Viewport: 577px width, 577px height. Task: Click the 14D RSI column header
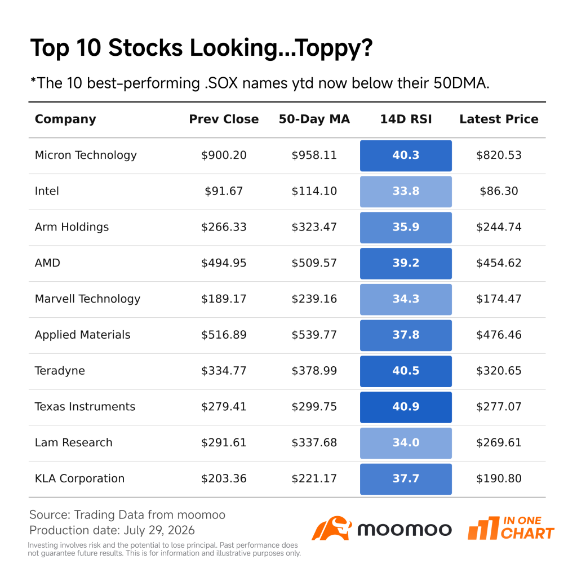(x=406, y=119)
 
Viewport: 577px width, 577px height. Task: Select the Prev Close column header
(x=224, y=119)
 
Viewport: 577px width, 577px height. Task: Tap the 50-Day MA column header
(x=314, y=119)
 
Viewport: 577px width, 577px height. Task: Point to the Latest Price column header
(x=499, y=119)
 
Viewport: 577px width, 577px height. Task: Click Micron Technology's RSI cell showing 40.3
(x=406, y=156)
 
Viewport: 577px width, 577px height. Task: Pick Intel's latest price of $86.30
(x=499, y=191)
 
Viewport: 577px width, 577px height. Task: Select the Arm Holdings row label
(x=72, y=227)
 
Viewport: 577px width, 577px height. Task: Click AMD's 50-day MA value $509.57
(x=314, y=263)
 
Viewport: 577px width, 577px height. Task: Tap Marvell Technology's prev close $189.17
(x=224, y=299)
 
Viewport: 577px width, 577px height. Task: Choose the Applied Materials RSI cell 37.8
(x=406, y=335)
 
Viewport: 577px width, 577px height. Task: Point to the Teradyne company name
(x=60, y=371)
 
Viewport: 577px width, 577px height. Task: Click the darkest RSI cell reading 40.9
(x=406, y=407)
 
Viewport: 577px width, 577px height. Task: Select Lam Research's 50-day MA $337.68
(x=314, y=442)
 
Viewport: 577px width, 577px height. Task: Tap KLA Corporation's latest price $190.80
(x=499, y=478)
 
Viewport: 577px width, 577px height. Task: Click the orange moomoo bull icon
(x=331, y=529)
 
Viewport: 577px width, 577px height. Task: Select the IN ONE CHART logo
(x=511, y=528)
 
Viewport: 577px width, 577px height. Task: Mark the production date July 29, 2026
(x=159, y=530)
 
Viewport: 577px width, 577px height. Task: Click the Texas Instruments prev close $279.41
(x=224, y=407)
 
